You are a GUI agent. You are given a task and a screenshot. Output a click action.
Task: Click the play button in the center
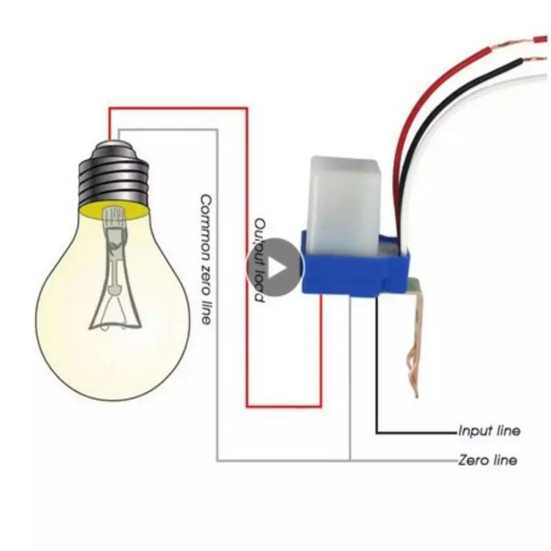[x=275, y=267]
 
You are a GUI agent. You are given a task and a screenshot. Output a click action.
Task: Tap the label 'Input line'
[x=489, y=432]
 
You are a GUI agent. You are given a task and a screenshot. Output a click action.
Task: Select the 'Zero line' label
[x=487, y=460]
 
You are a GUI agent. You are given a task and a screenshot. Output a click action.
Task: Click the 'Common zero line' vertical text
[x=205, y=258]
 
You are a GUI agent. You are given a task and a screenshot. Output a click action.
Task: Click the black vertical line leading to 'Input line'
[x=377, y=372]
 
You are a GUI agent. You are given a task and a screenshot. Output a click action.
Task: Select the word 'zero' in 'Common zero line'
[x=205, y=274]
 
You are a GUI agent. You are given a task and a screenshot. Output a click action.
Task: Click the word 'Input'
[x=472, y=432]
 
